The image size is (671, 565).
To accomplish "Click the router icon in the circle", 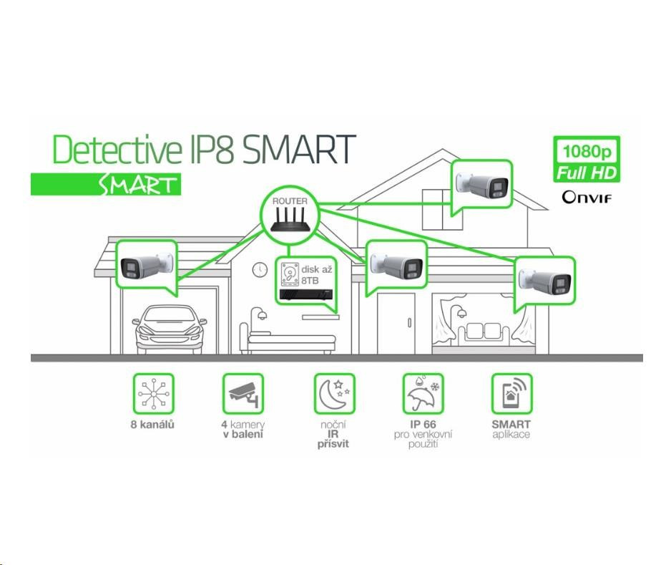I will tap(289, 218).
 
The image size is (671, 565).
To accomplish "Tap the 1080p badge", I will tap(588, 152).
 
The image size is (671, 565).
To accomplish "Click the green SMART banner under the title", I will tap(106, 185).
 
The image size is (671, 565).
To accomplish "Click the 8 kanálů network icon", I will tap(155, 393).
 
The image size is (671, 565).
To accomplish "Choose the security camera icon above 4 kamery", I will tap(243, 393).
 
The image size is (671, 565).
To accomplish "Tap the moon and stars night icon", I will tap(334, 393).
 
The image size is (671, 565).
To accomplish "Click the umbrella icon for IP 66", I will tap(423, 393).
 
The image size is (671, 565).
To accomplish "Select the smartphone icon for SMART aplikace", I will tap(511, 393).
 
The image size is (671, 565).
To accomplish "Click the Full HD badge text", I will tap(588, 173).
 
